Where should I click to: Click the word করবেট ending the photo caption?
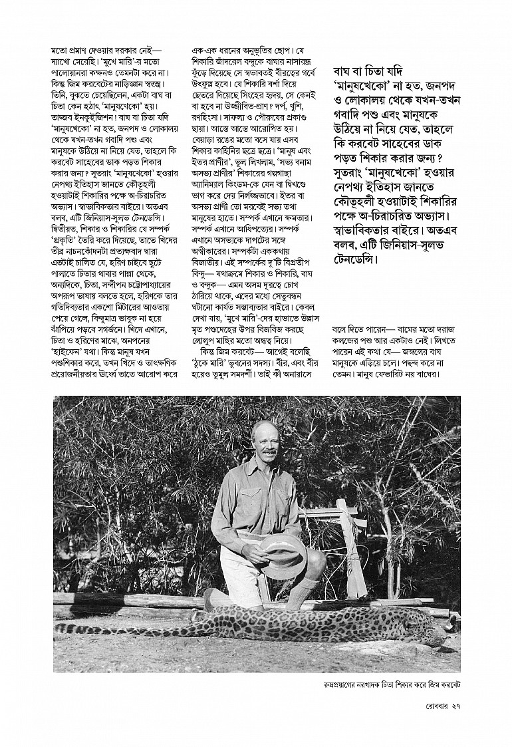pos(449,684)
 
